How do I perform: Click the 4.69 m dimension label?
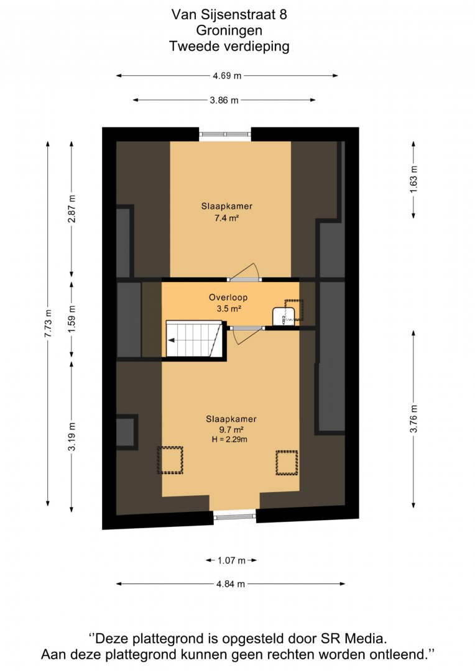coord(227,76)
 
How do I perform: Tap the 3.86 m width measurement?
coord(224,100)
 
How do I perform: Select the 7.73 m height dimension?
coord(48,323)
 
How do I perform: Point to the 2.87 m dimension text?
coord(72,208)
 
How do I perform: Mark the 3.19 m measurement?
coord(72,436)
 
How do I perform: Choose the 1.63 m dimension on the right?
coord(413,178)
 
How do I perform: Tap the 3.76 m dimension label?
coord(413,419)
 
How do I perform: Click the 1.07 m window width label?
coord(231,560)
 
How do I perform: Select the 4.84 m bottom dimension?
coord(231,583)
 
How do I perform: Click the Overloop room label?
coord(228,297)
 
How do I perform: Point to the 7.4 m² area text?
coord(226,218)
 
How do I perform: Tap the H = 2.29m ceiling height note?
coord(229,439)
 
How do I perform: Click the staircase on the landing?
coord(195,339)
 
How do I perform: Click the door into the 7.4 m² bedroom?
coord(244,272)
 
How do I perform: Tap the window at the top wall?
coord(225,134)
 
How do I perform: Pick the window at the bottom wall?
coord(235,517)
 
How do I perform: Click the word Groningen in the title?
coord(229,30)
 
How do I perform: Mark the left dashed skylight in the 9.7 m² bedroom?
coord(170,460)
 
